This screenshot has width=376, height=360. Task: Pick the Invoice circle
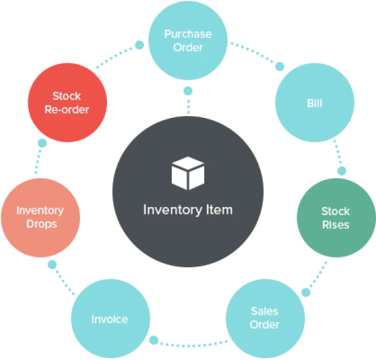(x=110, y=319)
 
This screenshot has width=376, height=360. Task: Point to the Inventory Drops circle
(x=39, y=217)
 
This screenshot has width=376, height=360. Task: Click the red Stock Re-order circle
(x=70, y=102)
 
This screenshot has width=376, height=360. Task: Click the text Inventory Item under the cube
(x=188, y=209)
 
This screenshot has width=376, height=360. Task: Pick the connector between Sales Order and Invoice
(x=187, y=342)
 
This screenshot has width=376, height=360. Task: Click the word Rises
(x=336, y=225)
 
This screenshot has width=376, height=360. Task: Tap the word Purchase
(x=188, y=34)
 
